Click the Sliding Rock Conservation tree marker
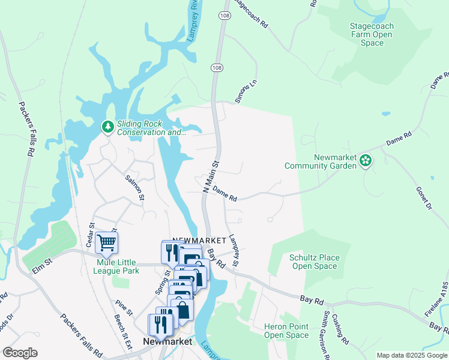tap(107, 127)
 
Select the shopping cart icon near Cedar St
tap(106, 242)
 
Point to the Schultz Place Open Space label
tap(315, 262)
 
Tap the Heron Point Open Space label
tap(286, 331)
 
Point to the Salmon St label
tap(134, 187)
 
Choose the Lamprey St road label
tap(234, 251)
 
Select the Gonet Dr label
tap(423, 197)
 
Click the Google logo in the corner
tap(20, 353)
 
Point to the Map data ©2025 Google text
tap(412, 355)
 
